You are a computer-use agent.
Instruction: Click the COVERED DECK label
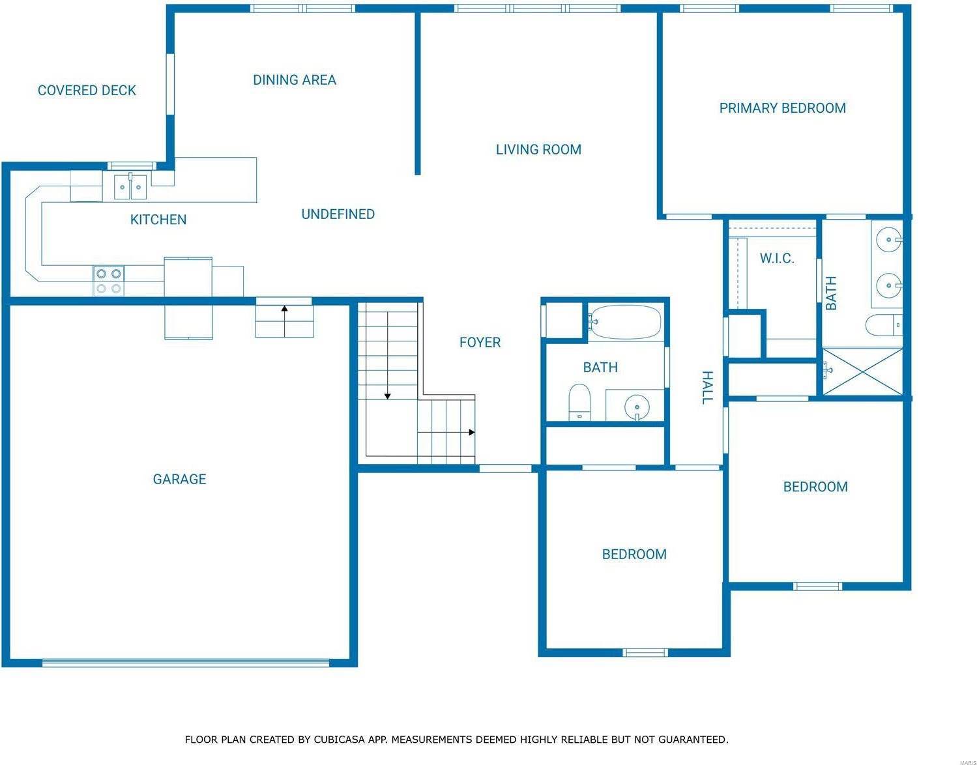pyautogui.click(x=87, y=91)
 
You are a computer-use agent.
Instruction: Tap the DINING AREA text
pyautogui.click(x=295, y=80)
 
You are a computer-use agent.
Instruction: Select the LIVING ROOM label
pyautogui.click(x=538, y=150)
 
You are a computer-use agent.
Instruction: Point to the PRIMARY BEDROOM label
pyautogui.click(x=782, y=108)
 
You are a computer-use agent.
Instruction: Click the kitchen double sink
pyautogui.click(x=130, y=187)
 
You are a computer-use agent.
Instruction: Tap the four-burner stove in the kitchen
pyautogui.click(x=108, y=281)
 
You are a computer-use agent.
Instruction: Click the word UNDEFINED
pyautogui.click(x=338, y=214)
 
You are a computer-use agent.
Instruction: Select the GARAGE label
pyautogui.click(x=179, y=480)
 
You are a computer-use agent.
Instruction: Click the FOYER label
pyautogui.click(x=480, y=343)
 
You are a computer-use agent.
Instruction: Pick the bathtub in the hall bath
pyautogui.click(x=625, y=322)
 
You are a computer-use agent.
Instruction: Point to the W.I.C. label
pyautogui.click(x=777, y=259)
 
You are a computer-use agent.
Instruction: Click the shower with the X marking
pyautogui.click(x=863, y=371)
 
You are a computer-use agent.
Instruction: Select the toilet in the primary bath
pyautogui.click(x=884, y=325)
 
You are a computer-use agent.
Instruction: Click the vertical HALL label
pyautogui.click(x=707, y=388)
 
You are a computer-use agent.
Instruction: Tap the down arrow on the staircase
pyautogui.click(x=387, y=395)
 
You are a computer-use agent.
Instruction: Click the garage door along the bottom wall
pyautogui.click(x=186, y=663)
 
